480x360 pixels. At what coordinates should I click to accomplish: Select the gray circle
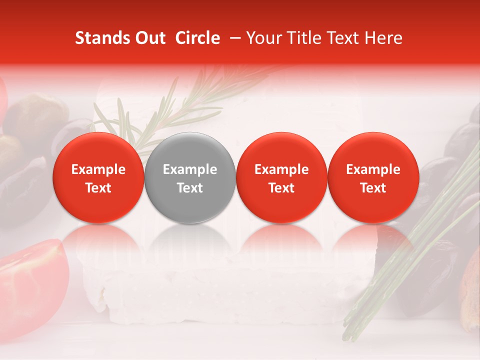(x=190, y=177)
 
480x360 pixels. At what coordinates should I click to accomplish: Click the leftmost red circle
(x=98, y=177)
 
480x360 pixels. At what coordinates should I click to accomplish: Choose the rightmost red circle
(x=373, y=177)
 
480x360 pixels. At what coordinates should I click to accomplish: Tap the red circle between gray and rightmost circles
(x=281, y=177)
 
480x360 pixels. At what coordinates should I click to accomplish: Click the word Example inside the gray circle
(x=190, y=169)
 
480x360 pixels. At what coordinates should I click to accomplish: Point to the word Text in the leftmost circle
(x=98, y=188)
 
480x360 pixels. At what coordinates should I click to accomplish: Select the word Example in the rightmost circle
(x=373, y=169)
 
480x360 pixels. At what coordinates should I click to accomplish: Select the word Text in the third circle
(x=281, y=188)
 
